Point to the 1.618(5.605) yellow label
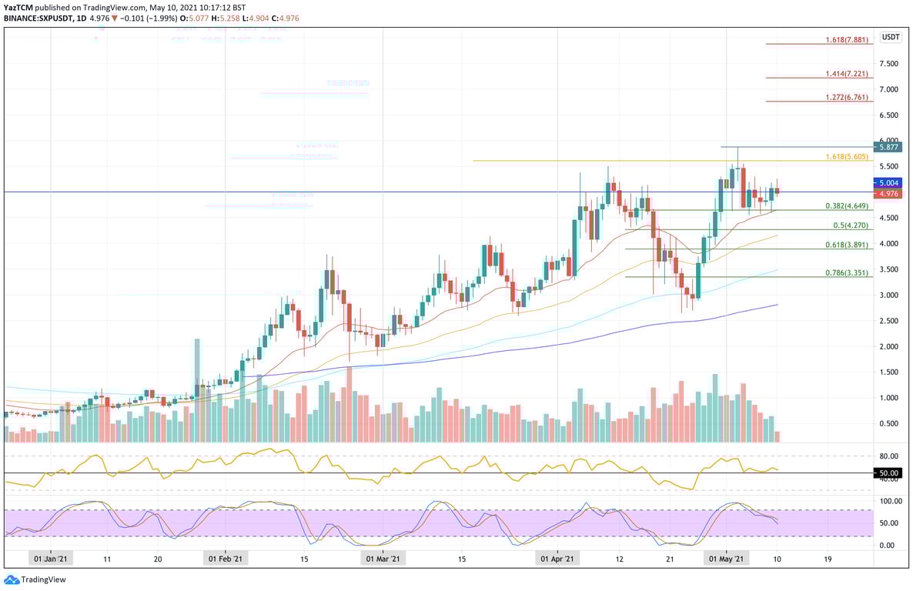pyautogui.click(x=847, y=156)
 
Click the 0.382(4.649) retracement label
pyautogui.click(x=847, y=205)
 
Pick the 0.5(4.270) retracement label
pyautogui.click(x=851, y=225)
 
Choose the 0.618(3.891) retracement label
pyautogui.click(x=847, y=244)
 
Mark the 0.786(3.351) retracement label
pyautogui.click(x=847, y=272)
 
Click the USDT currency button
pyautogui.click(x=891, y=37)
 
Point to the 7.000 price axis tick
pyautogui.click(x=890, y=89)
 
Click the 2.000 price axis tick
pyautogui.click(x=890, y=346)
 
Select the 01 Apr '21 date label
pyautogui.click(x=557, y=559)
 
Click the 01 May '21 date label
pyautogui.click(x=726, y=559)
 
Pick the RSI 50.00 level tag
pyautogui.click(x=890, y=473)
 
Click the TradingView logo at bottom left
pyautogui.click(x=35, y=579)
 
